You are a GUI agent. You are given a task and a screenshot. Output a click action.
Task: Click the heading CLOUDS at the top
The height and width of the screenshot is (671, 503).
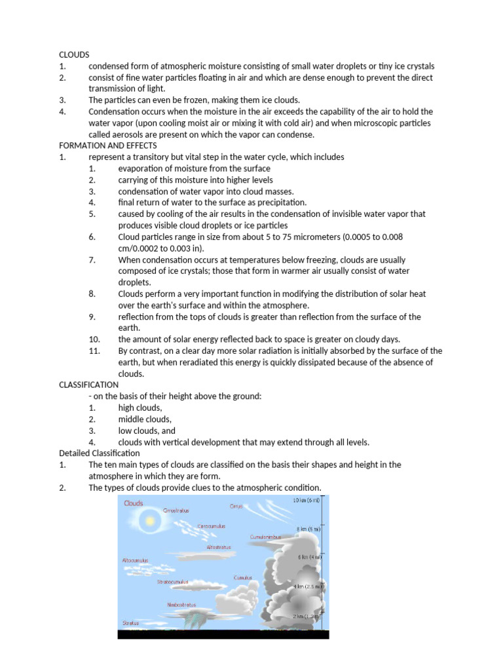pos(74,55)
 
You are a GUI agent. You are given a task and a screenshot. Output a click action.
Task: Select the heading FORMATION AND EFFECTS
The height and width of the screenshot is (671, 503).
pos(108,145)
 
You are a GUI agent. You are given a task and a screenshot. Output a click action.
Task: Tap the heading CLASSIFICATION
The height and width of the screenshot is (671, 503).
pos(89,385)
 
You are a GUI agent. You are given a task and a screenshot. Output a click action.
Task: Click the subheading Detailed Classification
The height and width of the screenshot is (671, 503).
pos(100,453)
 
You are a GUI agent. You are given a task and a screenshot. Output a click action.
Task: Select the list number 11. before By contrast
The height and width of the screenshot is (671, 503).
pos(95,351)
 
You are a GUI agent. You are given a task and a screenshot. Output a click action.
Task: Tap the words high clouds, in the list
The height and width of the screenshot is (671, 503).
pos(140,408)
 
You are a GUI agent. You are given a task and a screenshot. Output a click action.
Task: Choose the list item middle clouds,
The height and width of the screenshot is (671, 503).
pos(145,419)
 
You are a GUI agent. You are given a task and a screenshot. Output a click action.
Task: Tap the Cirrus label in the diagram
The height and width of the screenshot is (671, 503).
pos(236,506)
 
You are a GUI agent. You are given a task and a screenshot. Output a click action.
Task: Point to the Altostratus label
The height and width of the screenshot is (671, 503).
pos(218,546)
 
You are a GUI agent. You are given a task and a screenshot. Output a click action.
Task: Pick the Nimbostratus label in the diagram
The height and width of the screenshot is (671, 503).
pos(181,605)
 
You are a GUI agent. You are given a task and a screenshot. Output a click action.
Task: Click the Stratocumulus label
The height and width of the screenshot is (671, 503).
pos(173,581)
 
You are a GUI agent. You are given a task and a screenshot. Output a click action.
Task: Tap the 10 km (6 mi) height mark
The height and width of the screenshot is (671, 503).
pos(307,501)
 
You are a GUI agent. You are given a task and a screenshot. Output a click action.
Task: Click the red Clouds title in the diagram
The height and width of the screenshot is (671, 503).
pos(133,503)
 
